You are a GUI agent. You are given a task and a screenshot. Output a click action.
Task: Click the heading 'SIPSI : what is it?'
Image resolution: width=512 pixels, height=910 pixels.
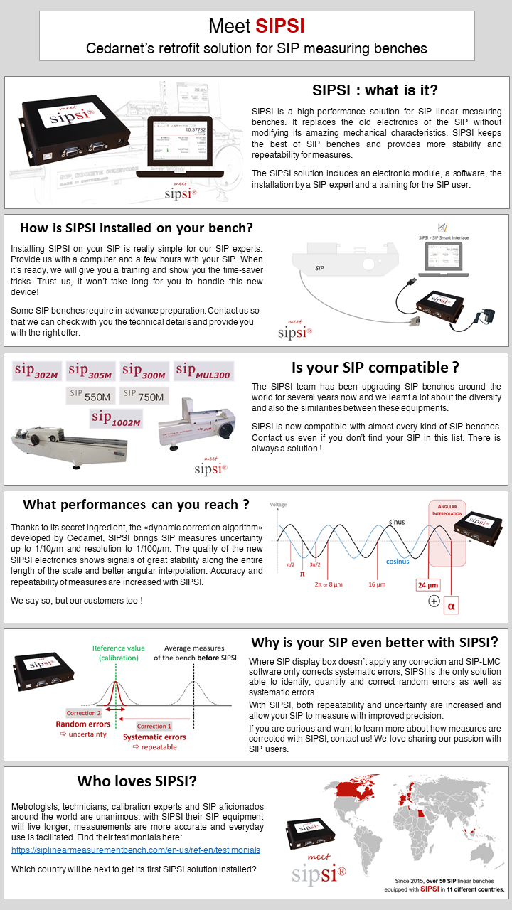pyautogui.click(x=375, y=90)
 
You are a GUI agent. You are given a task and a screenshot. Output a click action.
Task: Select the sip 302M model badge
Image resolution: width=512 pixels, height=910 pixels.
pyautogui.click(x=37, y=371)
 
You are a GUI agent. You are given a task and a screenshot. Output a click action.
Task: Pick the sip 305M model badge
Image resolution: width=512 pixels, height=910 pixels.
pyautogui.click(x=90, y=371)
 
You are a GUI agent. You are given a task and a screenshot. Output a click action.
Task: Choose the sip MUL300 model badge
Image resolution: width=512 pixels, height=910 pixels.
pyautogui.click(x=203, y=371)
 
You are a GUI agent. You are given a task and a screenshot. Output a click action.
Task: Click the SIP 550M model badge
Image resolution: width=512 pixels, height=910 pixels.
pyautogui.click(x=90, y=396)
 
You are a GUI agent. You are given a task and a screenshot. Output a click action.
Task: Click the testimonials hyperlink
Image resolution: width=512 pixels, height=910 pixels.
pyautogui.click(x=136, y=850)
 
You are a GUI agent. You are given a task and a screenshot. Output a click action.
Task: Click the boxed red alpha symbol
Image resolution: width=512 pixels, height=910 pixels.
pyautogui.click(x=451, y=606)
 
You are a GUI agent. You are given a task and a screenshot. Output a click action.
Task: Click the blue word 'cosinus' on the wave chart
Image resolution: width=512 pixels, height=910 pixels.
pyautogui.click(x=397, y=560)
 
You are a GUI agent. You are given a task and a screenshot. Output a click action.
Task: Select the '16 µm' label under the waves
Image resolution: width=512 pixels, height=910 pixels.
pyautogui.click(x=377, y=584)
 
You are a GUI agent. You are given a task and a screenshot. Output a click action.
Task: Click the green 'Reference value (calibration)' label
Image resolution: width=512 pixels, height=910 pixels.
pyautogui.click(x=118, y=653)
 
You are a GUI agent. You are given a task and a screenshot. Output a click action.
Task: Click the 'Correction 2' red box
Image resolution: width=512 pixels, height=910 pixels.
pyautogui.click(x=83, y=712)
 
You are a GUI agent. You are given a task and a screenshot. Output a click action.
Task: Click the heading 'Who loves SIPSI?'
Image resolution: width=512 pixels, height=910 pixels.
pyautogui.click(x=137, y=781)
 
